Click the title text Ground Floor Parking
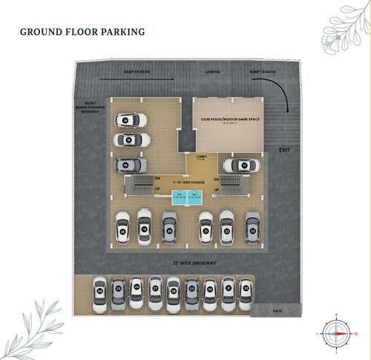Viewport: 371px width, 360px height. click(82, 32)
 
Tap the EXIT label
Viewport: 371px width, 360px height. click(284, 150)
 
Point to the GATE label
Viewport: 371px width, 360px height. click(278, 310)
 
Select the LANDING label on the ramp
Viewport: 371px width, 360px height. click(212, 72)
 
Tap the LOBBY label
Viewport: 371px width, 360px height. click(200, 157)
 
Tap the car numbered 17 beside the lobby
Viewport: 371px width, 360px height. click(241, 165)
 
